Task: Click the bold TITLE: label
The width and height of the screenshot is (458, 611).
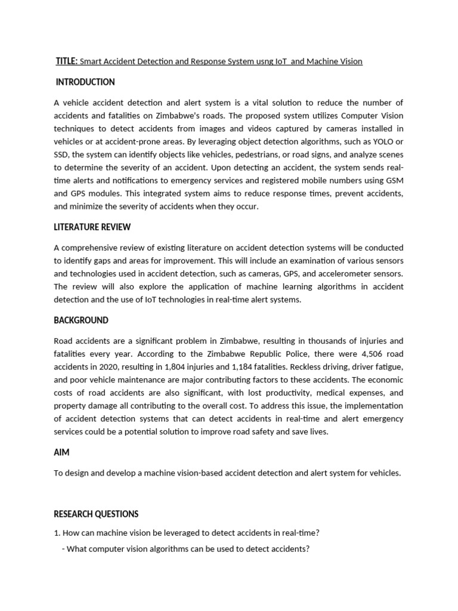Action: pos(66,61)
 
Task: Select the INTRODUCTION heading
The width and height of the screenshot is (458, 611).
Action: pos(85,82)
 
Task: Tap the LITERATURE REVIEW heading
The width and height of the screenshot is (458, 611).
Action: pos(92,227)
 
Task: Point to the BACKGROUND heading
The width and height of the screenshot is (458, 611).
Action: pos(81,320)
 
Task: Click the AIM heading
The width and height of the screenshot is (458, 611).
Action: pos(61,452)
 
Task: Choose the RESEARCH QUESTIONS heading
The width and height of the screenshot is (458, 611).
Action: pos(96,514)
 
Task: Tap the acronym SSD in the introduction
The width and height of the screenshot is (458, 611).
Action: pos(62,155)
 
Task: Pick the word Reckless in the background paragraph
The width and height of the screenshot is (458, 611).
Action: pos(319,367)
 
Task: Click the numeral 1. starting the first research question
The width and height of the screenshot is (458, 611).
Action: pos(57,533)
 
